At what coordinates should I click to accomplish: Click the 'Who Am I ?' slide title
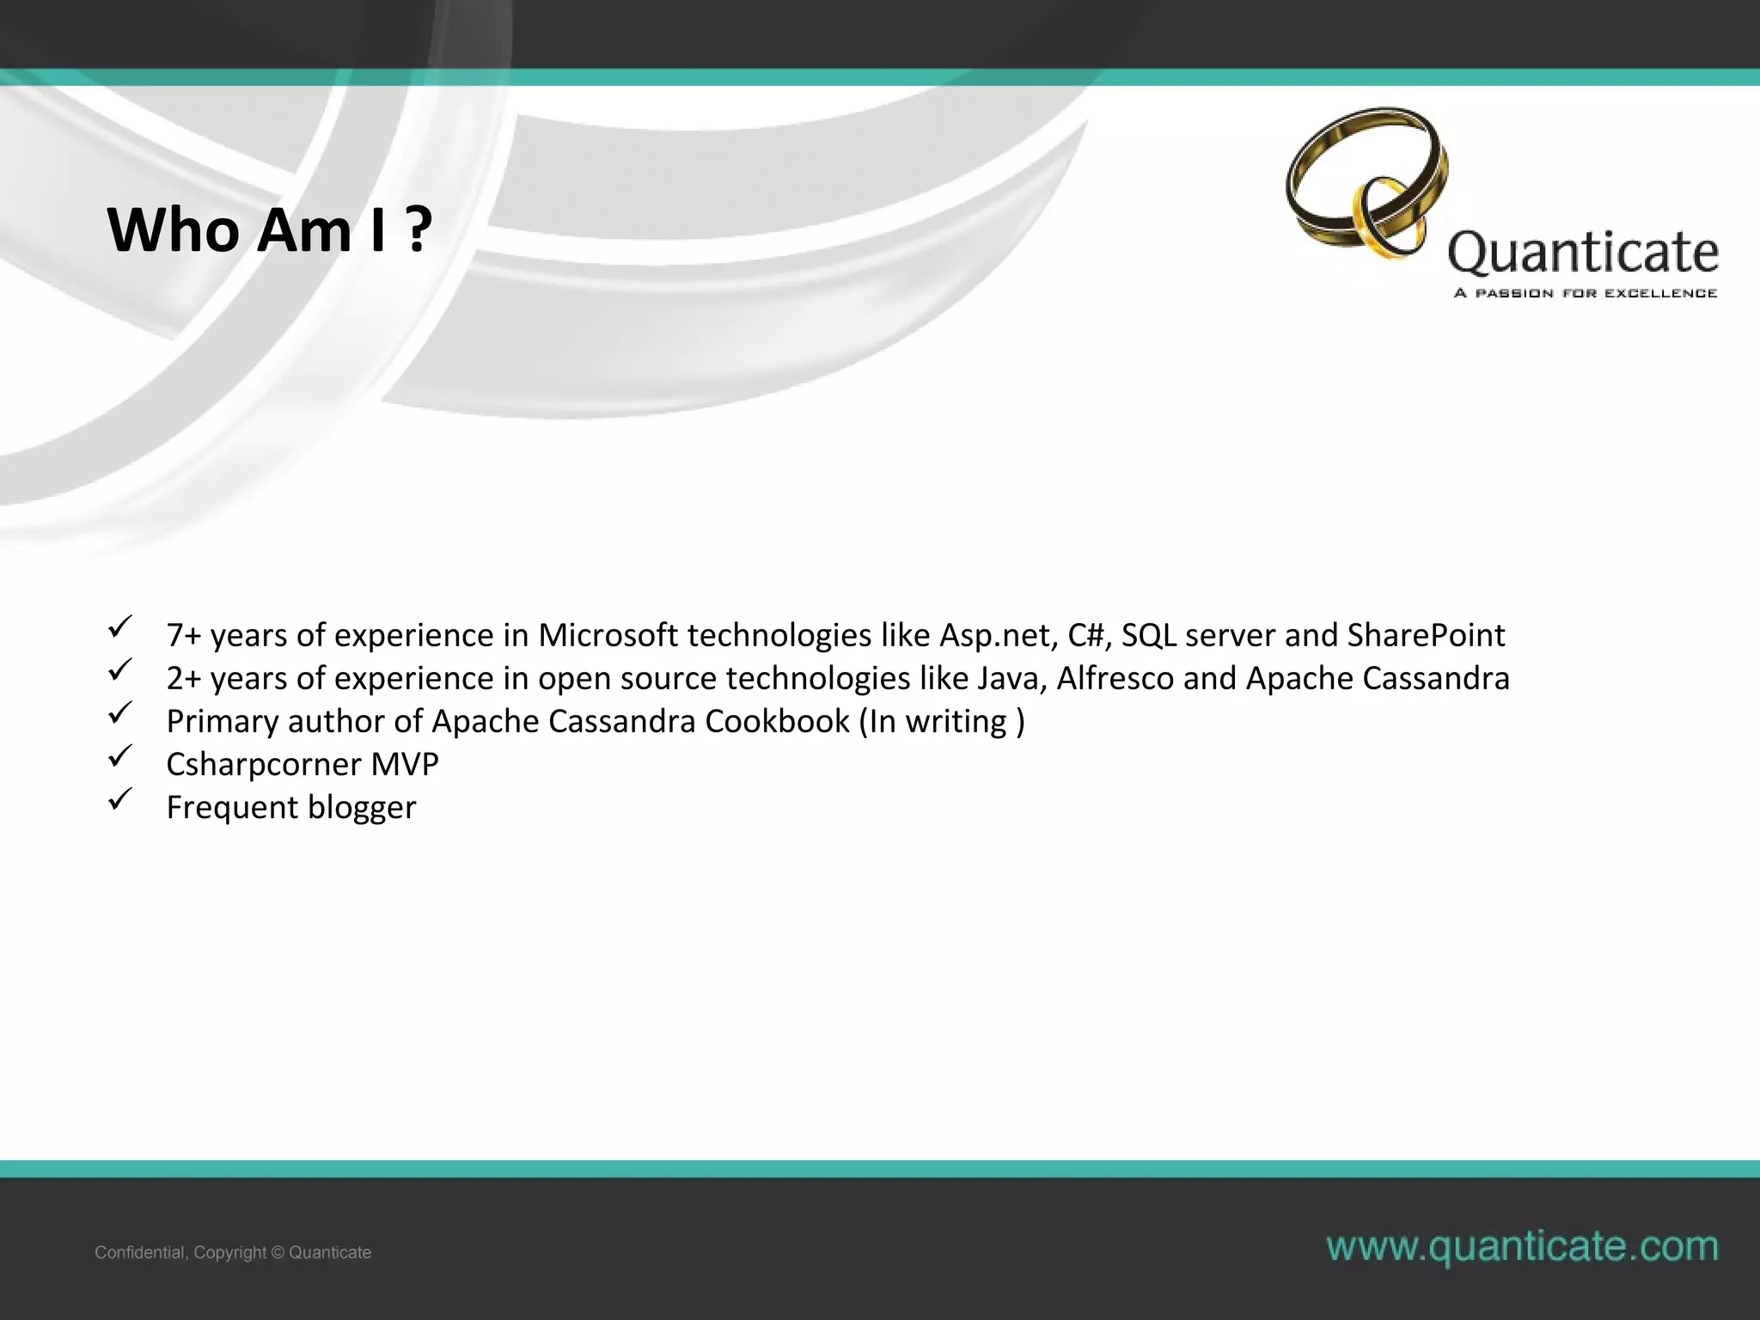(269, 230)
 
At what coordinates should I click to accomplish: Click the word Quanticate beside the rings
(1583, 253)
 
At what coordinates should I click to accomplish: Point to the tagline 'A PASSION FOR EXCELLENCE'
(1586, 294)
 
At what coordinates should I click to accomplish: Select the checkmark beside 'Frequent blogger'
(119, 798)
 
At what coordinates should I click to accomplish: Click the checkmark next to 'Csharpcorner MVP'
(119, 755)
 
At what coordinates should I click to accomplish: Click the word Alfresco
(1115, 678)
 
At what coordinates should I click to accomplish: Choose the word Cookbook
(777, 721)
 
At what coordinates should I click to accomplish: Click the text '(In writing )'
(942, 721)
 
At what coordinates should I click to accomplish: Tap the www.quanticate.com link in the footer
(1522, 1246)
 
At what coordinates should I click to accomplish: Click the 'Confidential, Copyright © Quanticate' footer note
(233, 1252)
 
